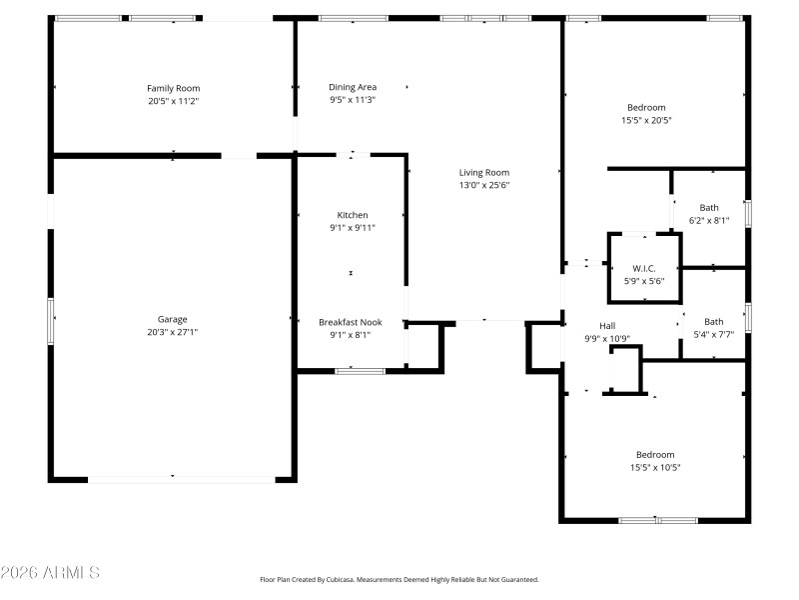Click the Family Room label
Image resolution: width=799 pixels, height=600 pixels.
(174, 88)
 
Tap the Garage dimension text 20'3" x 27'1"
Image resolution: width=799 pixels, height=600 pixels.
(174, 332)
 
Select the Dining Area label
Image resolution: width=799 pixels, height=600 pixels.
(353, 87)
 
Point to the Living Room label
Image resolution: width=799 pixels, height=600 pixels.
(484, 172)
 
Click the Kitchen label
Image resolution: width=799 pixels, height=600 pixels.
(352, 215)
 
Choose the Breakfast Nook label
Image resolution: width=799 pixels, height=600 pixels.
(351, 322)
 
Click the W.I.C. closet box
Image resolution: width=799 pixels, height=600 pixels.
(644, 268)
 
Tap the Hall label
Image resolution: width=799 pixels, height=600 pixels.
(607, 326)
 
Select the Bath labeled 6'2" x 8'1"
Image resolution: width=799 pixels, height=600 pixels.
(709, 208)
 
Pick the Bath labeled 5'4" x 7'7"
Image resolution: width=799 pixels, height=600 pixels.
(713, 322)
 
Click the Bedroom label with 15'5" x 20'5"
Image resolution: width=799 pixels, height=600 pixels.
(646, 108)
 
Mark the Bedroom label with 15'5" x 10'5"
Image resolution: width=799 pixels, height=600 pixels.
(652, 454)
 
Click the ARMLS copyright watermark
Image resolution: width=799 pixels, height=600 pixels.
(50, 573)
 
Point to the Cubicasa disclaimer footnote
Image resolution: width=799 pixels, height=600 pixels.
(399, 579)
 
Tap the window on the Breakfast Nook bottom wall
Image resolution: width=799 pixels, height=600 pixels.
(360, 371)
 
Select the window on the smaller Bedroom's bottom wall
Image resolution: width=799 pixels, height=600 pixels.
(657, 520)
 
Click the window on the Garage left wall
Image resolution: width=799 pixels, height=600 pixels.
(51, 319)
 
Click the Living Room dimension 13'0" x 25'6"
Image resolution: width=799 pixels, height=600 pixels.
(484, 185)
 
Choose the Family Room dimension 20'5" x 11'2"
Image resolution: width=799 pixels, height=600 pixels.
(174, 101)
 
